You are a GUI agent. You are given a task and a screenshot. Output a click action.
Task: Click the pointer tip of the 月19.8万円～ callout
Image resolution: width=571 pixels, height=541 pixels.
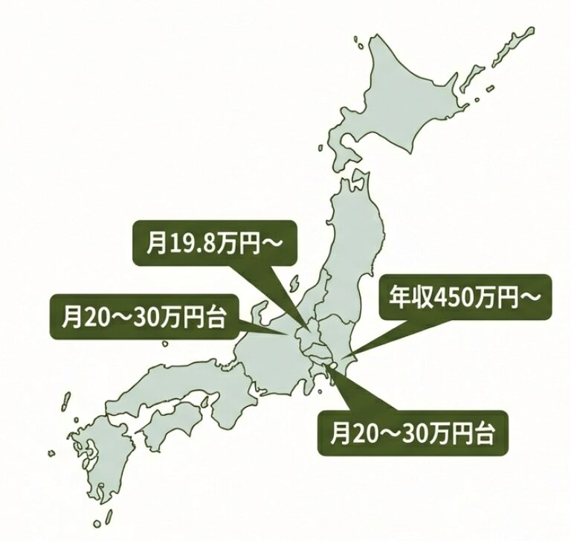[x=310, y=332]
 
